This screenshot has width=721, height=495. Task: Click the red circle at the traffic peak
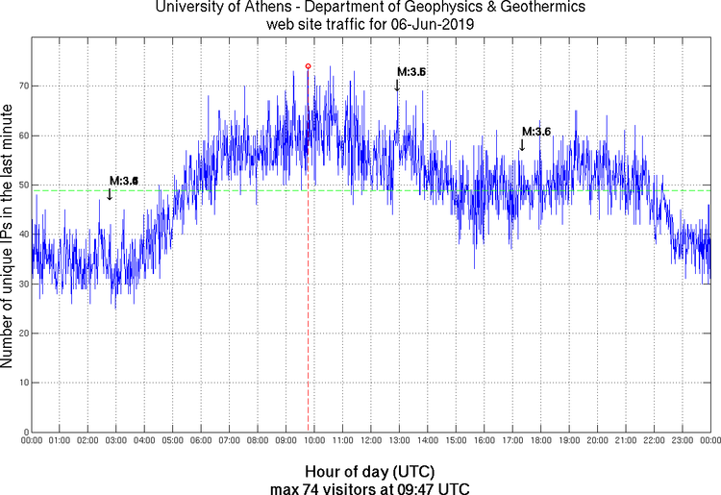point(308,66)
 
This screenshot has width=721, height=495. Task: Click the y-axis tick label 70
point(20,86)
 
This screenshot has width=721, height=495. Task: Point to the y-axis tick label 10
point(20,383)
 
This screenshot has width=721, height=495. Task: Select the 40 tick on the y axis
point(20,235)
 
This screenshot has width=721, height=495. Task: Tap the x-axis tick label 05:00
point(172,440)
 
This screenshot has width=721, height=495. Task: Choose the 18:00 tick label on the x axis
point(540,440)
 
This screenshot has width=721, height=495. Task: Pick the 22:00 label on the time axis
point(654,440)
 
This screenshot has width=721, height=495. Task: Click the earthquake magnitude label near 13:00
point(411,72)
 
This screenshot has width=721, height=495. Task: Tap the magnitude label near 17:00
point(535,132)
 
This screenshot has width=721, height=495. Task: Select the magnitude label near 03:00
point(124,181)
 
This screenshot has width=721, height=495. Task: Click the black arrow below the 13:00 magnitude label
point(397,87)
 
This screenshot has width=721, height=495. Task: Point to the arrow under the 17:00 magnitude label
point(522,145)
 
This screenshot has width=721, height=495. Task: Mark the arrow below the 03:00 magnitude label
point(110,194)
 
